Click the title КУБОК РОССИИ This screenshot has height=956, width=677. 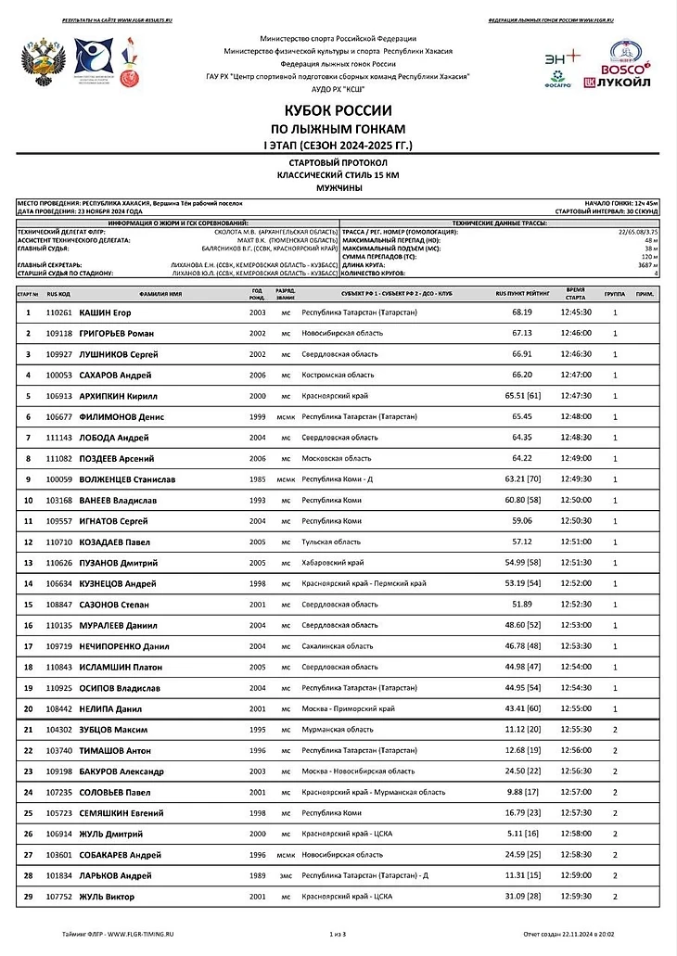338,110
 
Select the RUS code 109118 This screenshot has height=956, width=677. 59,333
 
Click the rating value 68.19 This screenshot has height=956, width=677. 521,312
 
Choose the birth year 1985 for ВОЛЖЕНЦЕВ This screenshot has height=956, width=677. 258,479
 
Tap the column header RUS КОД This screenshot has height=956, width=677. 58,293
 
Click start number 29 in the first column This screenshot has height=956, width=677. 28,897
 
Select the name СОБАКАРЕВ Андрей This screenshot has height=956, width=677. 121,855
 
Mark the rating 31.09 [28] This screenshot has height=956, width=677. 522,897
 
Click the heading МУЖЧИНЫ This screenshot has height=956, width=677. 338,187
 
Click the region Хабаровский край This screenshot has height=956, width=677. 333,563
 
